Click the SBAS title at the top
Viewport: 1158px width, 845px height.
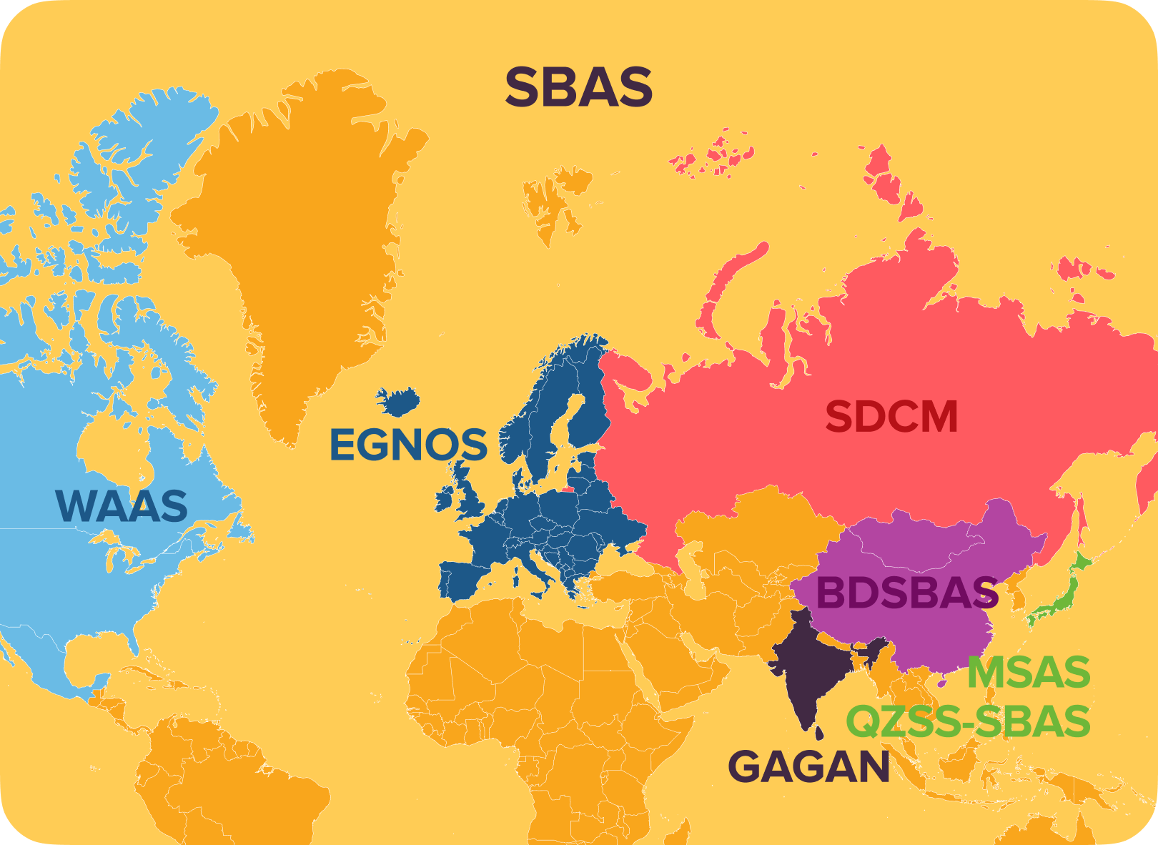click(578, 87)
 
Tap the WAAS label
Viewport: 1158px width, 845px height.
click(122, 505)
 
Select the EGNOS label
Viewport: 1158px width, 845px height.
click(407, 445)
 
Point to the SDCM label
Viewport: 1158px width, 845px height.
click(891, 417)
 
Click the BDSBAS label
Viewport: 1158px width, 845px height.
click(906, 593)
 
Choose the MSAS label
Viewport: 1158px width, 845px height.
click(1029, 673)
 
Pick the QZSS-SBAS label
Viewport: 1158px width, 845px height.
click(969, 721)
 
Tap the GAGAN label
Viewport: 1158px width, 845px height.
click(808, 767)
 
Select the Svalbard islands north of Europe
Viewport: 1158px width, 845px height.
click(554, 200)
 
